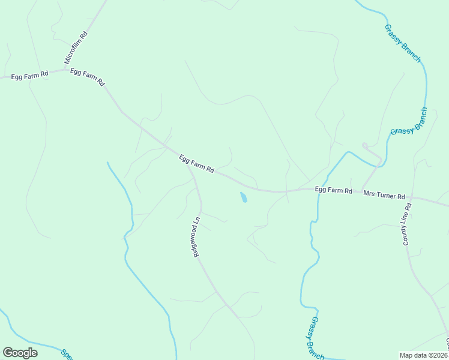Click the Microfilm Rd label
point(76,48)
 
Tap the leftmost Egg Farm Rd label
point(28,76)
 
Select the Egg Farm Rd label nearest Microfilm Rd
point(88,76)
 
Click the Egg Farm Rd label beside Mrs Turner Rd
point(333,190)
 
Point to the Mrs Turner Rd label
point(384,195)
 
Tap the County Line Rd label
point(407,224)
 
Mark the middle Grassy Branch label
point(409,121)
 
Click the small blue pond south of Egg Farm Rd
point(243,197)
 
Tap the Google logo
point(20,353)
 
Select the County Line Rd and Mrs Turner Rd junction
point(411,197)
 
